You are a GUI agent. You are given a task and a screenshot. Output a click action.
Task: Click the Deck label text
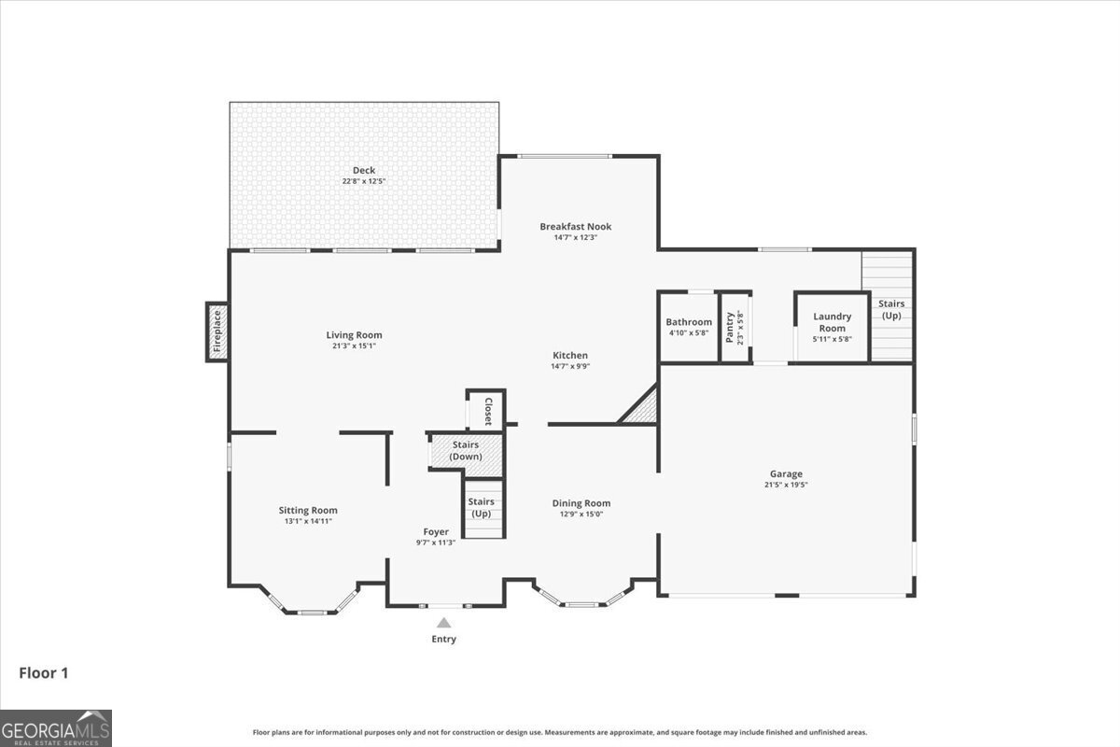[364, 170]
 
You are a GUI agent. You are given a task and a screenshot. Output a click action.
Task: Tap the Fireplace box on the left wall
[217, 331]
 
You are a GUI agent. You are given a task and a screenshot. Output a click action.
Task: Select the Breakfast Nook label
[575, 226]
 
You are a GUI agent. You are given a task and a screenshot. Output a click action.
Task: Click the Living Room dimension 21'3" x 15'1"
[354, 346]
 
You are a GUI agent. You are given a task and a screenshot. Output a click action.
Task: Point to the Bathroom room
[689, 327]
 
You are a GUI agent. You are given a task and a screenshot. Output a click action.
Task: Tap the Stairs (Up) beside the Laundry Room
[890, 308]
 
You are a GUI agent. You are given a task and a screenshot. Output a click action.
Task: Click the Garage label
[786, 473]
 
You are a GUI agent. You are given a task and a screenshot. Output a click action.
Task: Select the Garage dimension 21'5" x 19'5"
[786, 485]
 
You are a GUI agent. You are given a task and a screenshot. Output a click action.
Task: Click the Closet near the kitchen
[486, 410]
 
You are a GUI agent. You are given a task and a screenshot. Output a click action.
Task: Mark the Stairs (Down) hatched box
[465, 451]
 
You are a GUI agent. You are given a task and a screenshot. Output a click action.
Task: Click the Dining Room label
[581, 503]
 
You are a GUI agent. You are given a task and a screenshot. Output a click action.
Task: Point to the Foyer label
[435, 531]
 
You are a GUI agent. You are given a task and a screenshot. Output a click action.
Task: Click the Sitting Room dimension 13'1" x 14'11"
[308, 521]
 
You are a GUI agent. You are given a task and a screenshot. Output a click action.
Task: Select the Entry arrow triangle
[444, 623]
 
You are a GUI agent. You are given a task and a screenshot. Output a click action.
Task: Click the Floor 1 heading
[43, 671]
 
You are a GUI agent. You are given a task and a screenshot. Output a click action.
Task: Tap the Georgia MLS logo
[56, 727]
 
